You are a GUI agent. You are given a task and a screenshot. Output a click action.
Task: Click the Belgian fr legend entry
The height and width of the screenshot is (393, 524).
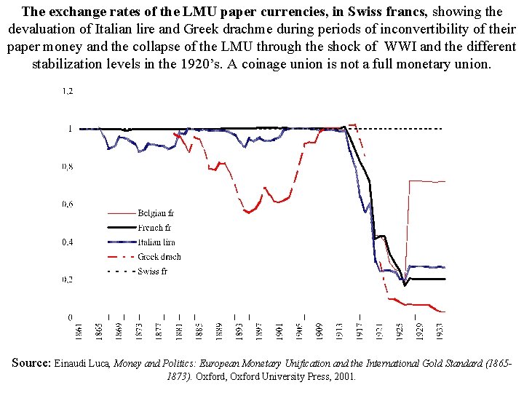coord(155,213)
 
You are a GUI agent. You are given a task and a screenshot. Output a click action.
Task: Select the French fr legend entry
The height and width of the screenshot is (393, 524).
coord(154,228)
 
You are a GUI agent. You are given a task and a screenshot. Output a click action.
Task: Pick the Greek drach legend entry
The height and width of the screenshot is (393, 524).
coord(159,257)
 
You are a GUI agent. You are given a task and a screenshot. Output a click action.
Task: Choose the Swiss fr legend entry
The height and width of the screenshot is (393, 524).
coord(152,271)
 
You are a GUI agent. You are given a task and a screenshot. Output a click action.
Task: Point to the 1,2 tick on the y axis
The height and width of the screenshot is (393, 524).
coord(67,91)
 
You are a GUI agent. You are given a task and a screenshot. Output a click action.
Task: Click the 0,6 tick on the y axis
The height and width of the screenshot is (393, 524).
coord(67,205)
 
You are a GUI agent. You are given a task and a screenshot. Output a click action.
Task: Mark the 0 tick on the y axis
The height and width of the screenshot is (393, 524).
coord(70,318)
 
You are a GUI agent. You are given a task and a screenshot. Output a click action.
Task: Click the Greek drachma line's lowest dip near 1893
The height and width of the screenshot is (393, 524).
coord(249,213)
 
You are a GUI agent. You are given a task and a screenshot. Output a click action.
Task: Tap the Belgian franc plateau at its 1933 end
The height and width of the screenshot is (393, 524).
coord(444,182)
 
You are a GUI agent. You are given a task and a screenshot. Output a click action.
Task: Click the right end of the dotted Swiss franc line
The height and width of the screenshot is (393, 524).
coord(442,129)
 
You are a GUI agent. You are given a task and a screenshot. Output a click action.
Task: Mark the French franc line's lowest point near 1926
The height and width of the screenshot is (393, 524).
coord(405,285)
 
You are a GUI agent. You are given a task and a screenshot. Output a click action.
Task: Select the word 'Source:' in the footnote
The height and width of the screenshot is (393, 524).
coord(31,362)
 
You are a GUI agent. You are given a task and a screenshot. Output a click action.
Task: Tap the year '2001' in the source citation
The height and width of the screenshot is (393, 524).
coord(343,377)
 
